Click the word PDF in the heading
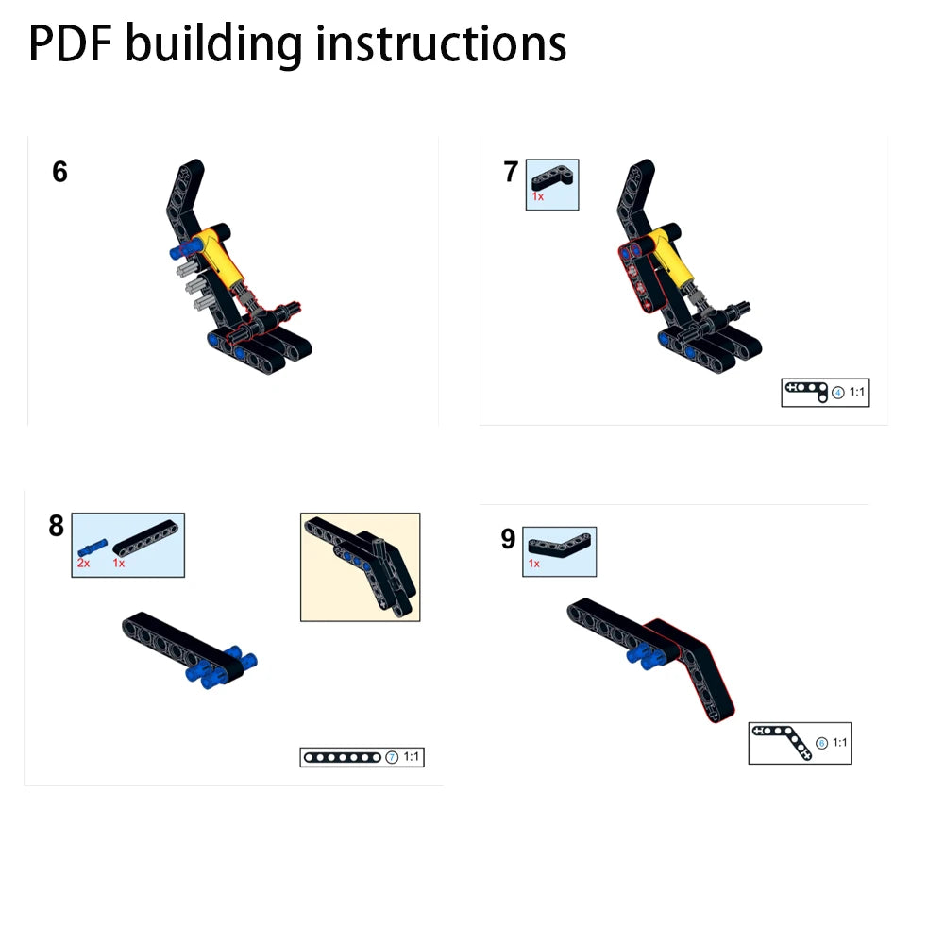click(71, 43)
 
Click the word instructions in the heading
click(441, 43)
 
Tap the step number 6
click(59, 172)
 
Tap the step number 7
click(511, 172)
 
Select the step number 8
click(56, 526)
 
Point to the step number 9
click(508, 539)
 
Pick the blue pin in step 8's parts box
click(93, 548)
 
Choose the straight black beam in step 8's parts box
click(145, 538)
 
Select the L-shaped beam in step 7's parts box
click(551, 177)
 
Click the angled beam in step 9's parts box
click(559, 545)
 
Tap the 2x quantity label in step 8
click(83, 563)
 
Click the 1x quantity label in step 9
click(534, 564)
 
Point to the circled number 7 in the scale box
click(392, 757)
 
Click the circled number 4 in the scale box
click(838, 393)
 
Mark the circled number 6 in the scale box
click(822, 744)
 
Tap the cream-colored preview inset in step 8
click(360, 567)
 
